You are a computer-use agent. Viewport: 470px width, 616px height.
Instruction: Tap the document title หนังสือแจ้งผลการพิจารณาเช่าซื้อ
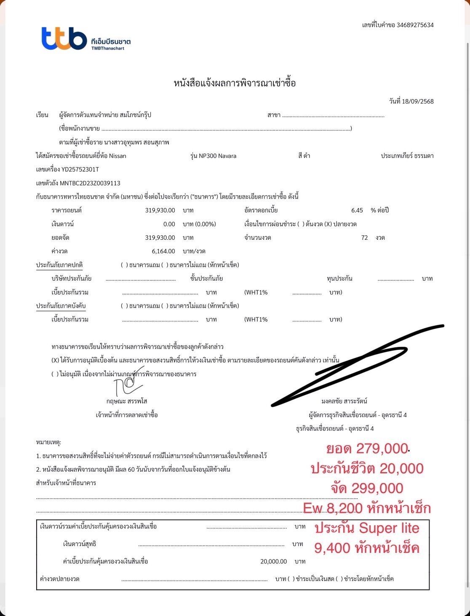click(x=235, y=83)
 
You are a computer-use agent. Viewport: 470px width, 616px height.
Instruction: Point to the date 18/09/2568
click(x=418, y=101)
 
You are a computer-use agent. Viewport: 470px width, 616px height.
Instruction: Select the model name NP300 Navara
click(x=217, y=156)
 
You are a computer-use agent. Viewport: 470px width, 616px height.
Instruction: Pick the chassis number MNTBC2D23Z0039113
click(x=90, y=183)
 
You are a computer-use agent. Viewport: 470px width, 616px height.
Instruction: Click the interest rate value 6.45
click(x=357, y=210)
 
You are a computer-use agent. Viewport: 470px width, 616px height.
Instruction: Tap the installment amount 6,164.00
click(x=163, y=251)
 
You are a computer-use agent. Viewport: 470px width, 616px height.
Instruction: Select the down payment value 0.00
click(x=169, y=224)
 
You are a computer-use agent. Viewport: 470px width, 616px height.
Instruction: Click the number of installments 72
click(x=364, y=238)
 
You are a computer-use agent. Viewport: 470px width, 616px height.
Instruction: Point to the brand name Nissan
click(x=117, y=156)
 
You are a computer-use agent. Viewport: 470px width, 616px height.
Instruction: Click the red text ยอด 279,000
click(x=367, y=449)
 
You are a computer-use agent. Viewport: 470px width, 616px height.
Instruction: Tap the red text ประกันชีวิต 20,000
click(x=367, y=468)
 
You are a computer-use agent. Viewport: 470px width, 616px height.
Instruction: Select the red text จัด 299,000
click(x=367, y=488)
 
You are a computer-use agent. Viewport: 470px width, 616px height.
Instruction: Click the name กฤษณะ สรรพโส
click(x=126, y=401)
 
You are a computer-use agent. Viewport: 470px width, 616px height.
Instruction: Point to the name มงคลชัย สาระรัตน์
click(x=344, y=401)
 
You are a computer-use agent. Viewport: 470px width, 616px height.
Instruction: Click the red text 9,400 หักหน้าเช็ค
click(x=367, y=548)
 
